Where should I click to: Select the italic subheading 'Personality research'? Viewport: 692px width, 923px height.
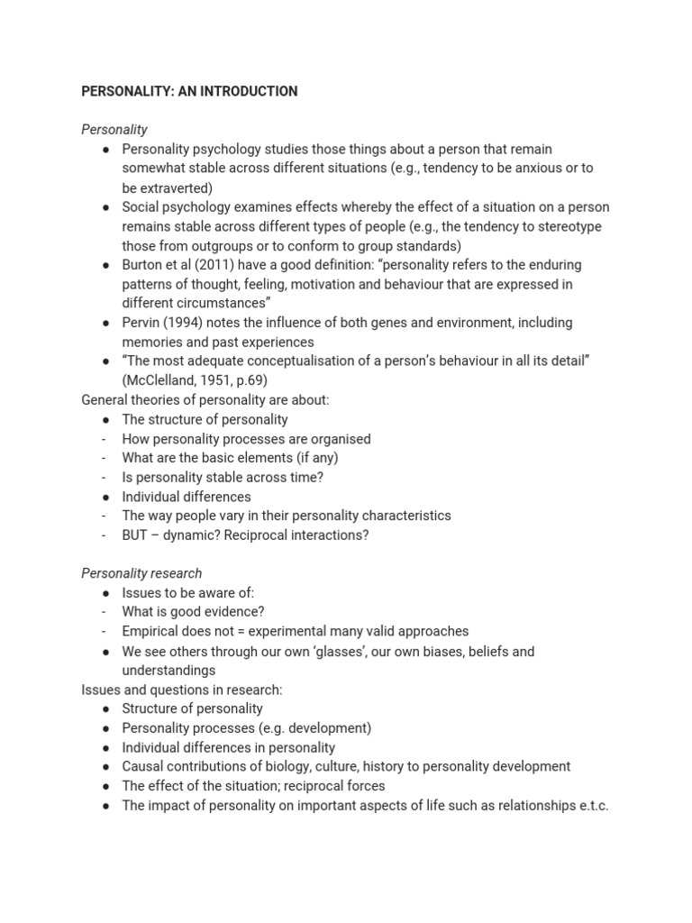click(141, 573)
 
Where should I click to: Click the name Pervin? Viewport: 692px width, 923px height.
click(142, 323)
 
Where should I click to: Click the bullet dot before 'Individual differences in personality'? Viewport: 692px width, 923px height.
click(105, 747)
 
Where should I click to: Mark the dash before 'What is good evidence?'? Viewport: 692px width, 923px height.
click(105, 612)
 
